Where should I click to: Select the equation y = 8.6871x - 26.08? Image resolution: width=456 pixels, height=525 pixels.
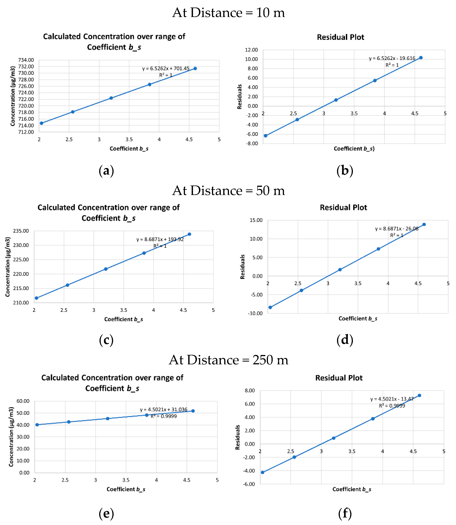coord(396,229)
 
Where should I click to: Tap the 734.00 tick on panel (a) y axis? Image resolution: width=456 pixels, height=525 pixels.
coord(26,60)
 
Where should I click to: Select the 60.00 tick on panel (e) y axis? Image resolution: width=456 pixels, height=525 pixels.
coord(23,401)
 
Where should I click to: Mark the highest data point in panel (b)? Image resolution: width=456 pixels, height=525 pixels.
coord(421,58)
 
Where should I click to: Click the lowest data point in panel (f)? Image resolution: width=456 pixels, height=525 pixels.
coord(263,472)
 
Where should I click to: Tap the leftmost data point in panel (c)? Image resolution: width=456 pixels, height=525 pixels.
coord(36,298)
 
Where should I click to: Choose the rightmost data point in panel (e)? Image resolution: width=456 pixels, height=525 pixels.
coord(193,411)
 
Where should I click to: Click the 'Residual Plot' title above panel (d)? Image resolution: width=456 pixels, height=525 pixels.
coord(343,207)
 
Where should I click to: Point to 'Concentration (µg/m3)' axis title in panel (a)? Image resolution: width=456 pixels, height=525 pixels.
coord(13,96)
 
